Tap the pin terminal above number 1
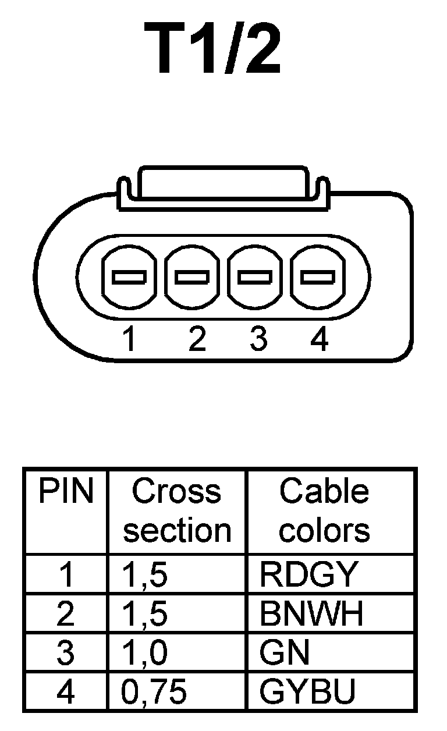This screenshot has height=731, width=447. pos(129,277)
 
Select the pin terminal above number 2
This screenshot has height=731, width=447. pos(193,277)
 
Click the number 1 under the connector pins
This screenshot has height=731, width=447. pos(130,339)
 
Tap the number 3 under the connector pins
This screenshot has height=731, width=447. pos(258,339)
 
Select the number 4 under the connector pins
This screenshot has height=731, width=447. pos(320,339)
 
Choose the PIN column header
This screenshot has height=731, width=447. pos(66,492)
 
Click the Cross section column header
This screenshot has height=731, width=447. pos(177,511)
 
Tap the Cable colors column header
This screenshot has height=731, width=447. pos(324,511)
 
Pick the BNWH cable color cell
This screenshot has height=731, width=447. pos(311,613)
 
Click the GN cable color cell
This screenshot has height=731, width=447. pos(285,652)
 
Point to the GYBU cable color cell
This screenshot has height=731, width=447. pos(307,691)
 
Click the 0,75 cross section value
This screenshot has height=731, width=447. pos(154,691)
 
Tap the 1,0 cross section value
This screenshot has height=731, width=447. pos(145,652)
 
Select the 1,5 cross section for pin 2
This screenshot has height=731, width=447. pos(145,613)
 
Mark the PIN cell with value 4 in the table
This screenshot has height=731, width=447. pos(66,691)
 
